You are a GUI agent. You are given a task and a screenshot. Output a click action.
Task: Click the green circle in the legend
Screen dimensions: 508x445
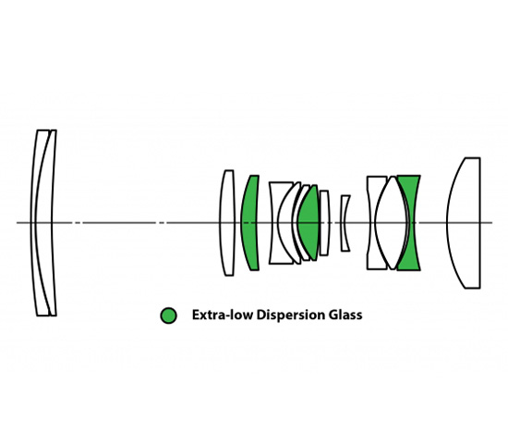coord(168,315)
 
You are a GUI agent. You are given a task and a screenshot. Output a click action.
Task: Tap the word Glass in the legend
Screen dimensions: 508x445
coord(345,315)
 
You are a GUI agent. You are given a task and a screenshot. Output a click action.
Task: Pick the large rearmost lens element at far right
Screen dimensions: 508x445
coord(464,223)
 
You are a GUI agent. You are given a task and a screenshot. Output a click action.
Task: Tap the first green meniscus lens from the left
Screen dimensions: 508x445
coord(250,223)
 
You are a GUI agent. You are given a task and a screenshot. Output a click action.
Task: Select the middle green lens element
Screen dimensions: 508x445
coord(308,223)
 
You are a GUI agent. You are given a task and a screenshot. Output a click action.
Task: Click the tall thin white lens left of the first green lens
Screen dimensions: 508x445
coord(227,223)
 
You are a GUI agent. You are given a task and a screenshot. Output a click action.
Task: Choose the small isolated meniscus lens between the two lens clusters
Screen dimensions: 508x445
coord(344,223)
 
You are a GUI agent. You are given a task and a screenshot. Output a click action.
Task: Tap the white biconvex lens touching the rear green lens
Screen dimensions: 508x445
coord(391,223)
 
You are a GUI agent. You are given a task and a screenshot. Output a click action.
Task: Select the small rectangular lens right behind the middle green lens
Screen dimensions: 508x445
coord(324,223)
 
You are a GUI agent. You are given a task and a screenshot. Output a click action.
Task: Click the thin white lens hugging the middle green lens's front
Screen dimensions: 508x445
coord(296,223)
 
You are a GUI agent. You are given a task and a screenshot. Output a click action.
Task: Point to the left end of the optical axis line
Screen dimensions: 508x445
coord(17,223)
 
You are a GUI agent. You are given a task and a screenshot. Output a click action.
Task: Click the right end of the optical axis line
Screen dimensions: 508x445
coord(492,223)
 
